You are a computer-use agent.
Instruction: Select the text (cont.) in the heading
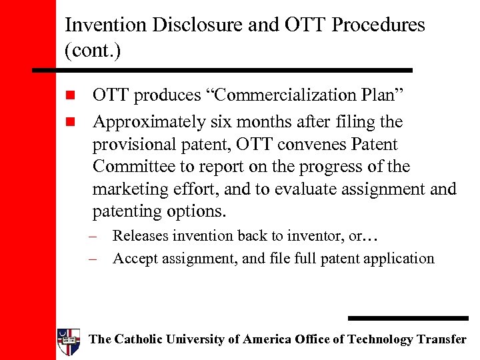93,50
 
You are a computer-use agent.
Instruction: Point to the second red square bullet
71,123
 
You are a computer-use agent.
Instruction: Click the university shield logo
69,341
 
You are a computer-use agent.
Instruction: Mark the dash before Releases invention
97,237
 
